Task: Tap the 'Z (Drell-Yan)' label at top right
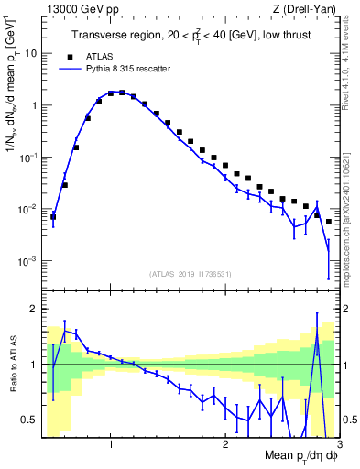coord(307,8)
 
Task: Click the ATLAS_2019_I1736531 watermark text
coord(191,274)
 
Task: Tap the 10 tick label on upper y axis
coord(31,53)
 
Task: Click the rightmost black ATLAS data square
coord(329,222)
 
